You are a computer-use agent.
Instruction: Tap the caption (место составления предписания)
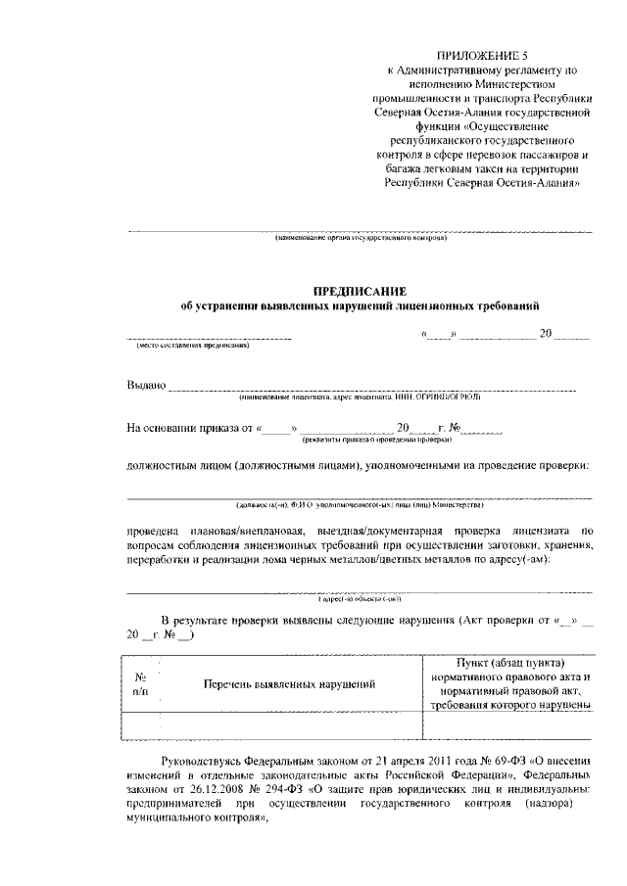tap(193, 346)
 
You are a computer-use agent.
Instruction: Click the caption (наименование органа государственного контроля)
tap(360, 238)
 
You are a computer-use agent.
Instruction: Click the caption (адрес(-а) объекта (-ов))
tap(360, 598)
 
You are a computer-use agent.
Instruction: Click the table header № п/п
tap(140, 682)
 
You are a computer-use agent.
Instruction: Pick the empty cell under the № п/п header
tap(140, 725)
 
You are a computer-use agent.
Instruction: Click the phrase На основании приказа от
tap(190, 428)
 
